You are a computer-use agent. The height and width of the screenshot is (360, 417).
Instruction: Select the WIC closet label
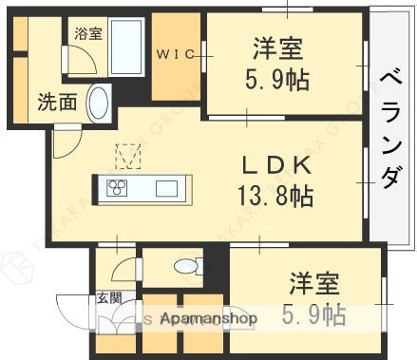175,54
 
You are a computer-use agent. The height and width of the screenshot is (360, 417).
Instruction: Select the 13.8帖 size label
275,197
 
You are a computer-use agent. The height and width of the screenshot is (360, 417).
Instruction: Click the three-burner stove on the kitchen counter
118,186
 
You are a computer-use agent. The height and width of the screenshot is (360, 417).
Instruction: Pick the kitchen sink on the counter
166,186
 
